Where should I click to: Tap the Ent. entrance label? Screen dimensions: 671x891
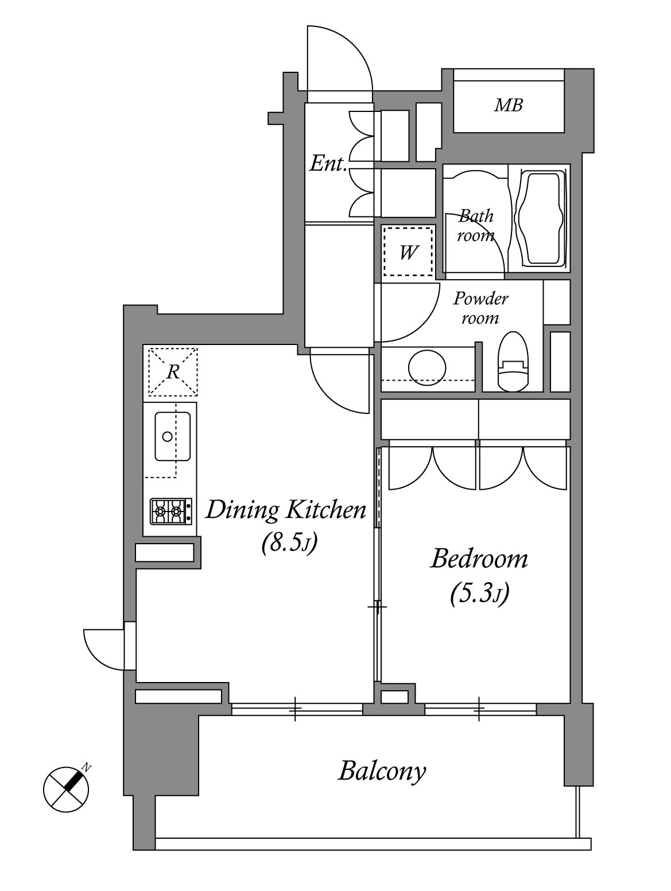click(x=328, y=164)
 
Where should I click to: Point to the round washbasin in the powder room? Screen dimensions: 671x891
click(x=427, y=367)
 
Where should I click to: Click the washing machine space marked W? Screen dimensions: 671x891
click(x=408, y=251)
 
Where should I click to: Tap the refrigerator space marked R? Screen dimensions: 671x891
click(x=173, y=371)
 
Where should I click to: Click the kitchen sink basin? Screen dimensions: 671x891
click(x=172, y=436)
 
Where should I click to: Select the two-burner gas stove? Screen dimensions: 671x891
click(x=171, y=511)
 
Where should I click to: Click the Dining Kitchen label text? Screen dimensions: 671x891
click(x=286, y=510)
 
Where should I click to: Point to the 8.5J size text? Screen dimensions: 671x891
click(x=289, y=543)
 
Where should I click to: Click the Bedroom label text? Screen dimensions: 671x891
click(x=479, y=559)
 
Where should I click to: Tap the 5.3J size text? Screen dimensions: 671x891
click(x=479, y=594)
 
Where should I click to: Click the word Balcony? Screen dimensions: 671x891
click(x=382, y=771)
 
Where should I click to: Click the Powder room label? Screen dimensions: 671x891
click(x=480, y=308)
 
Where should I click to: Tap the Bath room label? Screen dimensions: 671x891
click(x=475, y=226)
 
